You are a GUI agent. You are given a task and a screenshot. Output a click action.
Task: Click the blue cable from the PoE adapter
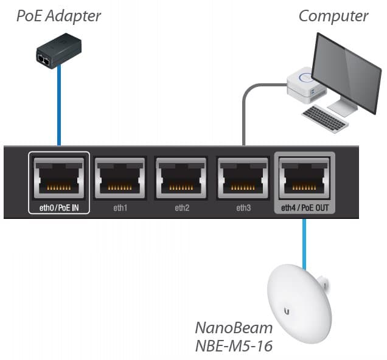pyautogui.click(x=59, y=109)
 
